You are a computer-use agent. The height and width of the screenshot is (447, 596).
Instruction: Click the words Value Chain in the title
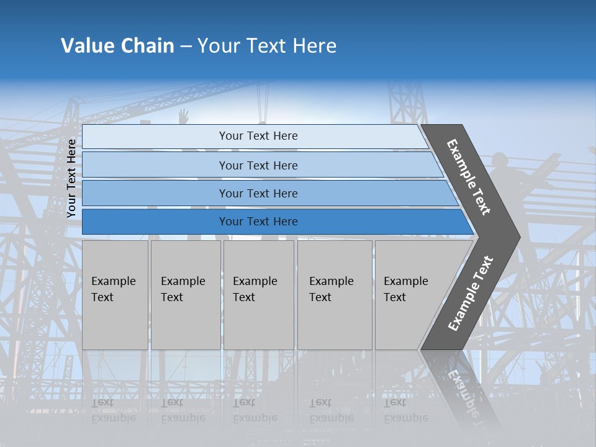point(117,46)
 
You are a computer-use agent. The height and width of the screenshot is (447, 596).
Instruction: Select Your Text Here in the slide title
point(267,46)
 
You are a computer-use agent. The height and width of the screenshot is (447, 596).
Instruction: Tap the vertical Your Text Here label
point(72,179)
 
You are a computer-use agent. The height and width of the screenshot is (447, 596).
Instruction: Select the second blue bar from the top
point(258,165)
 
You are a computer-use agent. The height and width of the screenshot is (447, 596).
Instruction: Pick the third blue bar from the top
point(258,193)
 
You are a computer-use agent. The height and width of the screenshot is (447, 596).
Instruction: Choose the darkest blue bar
point(258,222)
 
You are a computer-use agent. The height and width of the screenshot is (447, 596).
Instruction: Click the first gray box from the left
point(115,294)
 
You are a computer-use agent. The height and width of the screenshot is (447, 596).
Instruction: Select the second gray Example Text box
point(185,294)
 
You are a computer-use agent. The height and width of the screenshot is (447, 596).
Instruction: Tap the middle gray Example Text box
point(258,294)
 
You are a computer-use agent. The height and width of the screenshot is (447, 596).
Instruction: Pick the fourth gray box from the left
point(334,294)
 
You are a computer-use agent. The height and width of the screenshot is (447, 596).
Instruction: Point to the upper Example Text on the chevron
point(469,177)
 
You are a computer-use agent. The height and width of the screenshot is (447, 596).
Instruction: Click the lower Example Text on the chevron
point(471,294)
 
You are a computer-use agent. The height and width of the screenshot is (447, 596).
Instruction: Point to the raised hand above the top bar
point(183,115)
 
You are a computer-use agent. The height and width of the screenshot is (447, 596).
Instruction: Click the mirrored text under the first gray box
point(114,410)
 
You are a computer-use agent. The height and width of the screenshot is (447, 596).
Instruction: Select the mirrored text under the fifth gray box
point(406,410)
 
